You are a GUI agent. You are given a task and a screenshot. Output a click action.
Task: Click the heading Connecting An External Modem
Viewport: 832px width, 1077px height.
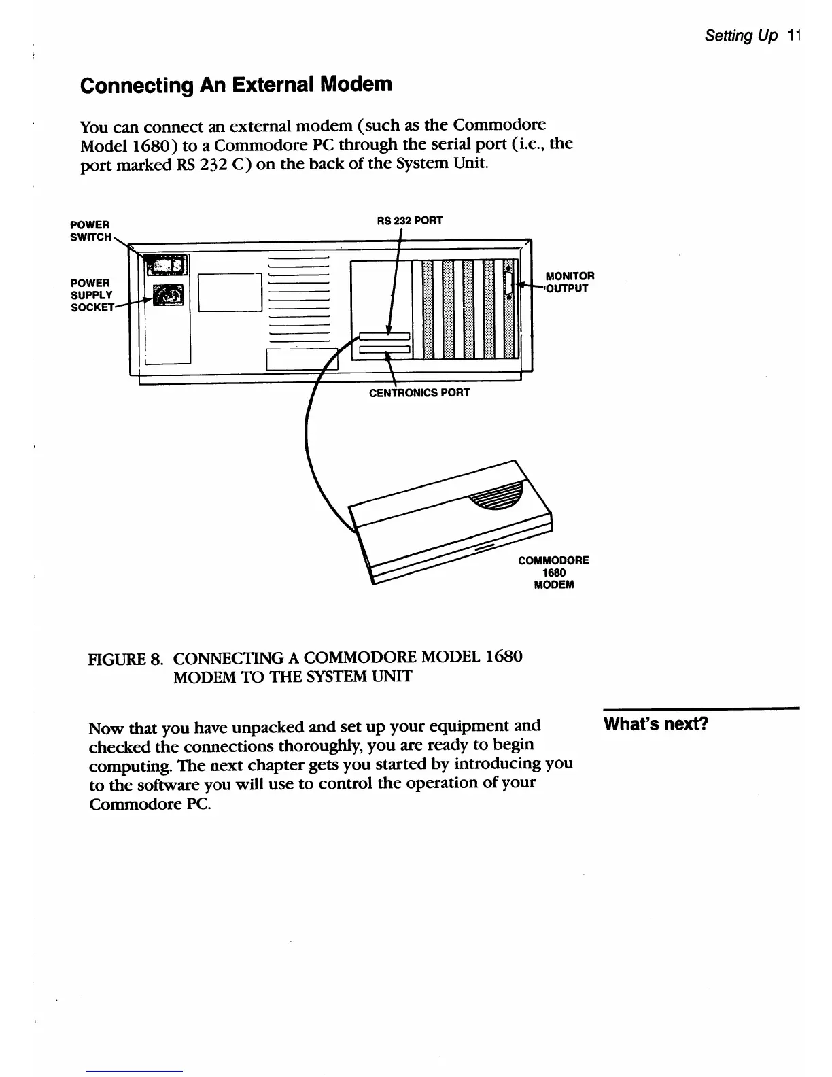[x=236, y=85]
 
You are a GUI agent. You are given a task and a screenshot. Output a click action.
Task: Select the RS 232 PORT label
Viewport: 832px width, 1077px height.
[x=410, y=220]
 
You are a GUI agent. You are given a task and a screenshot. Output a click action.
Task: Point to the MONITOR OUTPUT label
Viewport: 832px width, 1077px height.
[x=570, y=281]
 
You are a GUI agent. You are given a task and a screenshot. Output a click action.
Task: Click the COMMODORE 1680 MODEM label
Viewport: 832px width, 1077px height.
[x=553, y=572]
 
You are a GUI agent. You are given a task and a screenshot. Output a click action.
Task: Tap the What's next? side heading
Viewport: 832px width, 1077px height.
[x=656, y=723]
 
